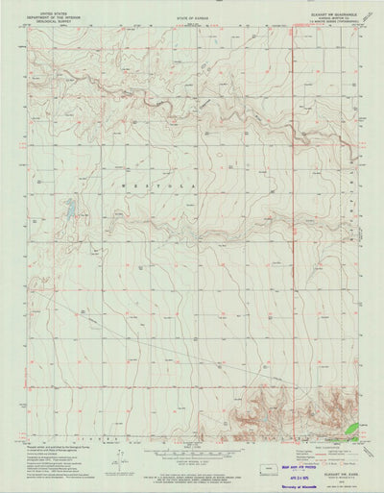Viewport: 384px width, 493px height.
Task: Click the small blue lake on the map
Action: pyautogui.click(x=69, y=206)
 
